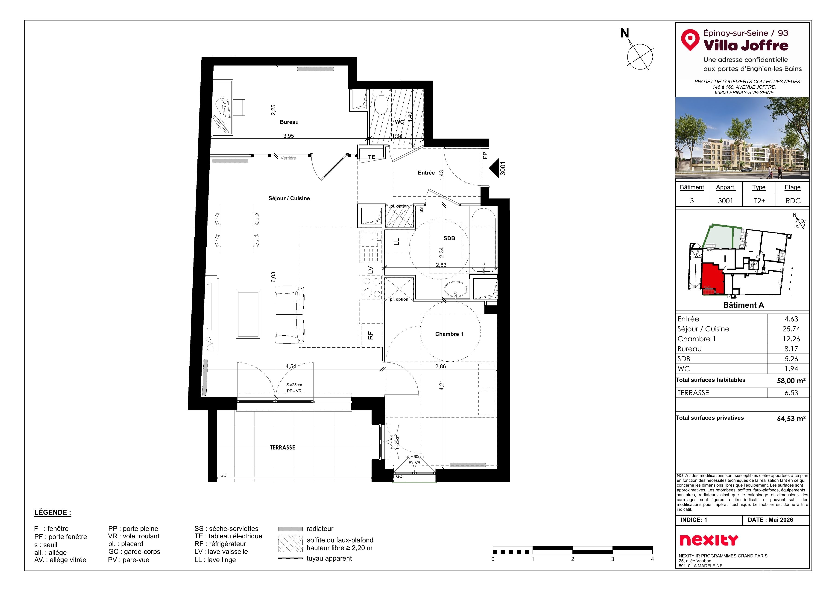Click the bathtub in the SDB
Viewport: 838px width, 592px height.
click(x=483, y=240)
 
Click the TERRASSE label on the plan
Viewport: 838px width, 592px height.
click(x=282, y=447)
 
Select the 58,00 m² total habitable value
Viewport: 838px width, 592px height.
click(x=791, y=380)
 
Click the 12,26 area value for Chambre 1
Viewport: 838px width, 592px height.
click(x=791, y=339)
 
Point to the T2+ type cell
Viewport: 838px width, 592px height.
click(x=759, y=201)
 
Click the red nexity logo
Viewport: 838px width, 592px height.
click(x=709, y=540)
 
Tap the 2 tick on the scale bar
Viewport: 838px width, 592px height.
click(x=573, y=559)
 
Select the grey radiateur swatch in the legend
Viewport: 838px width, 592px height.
click(x=290, y=528)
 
